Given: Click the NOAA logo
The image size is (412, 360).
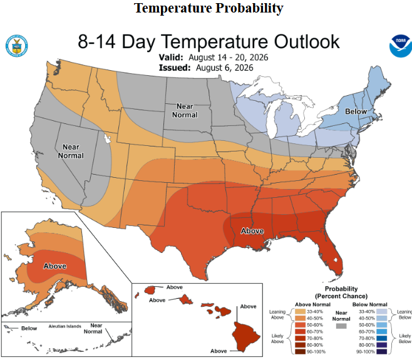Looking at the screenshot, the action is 401,46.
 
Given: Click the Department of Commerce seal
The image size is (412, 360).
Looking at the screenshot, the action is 17,46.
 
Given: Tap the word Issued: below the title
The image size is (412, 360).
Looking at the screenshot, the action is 175,68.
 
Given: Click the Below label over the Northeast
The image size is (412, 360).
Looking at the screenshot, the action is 356,111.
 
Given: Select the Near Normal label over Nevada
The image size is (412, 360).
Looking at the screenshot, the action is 71,152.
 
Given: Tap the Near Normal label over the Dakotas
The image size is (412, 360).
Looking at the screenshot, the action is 185,111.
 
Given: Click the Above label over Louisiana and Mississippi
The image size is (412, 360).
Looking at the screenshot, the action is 252,231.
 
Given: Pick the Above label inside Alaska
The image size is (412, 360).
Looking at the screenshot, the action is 55,266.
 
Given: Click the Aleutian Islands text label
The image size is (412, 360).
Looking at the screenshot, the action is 65,326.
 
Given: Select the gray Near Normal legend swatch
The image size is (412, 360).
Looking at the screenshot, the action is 341,326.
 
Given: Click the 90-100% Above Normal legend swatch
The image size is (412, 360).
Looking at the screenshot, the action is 300,352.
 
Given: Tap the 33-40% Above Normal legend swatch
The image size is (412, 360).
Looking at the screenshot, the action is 300,312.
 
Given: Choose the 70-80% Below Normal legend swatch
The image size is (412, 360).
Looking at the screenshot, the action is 382,338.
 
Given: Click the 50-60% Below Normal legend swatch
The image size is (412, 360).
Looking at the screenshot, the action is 382,325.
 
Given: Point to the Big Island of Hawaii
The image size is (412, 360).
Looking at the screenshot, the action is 246,337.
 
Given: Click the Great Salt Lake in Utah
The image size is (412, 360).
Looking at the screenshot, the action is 106,138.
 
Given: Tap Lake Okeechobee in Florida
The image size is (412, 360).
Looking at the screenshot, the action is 335,260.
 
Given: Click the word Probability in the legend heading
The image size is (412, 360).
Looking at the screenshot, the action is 341,289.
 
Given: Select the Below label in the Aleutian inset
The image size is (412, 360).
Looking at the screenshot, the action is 29,329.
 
